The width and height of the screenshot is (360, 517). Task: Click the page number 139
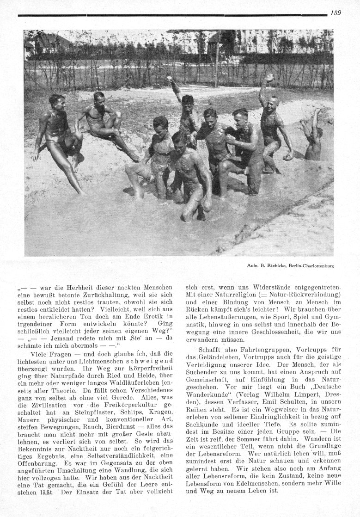336,13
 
